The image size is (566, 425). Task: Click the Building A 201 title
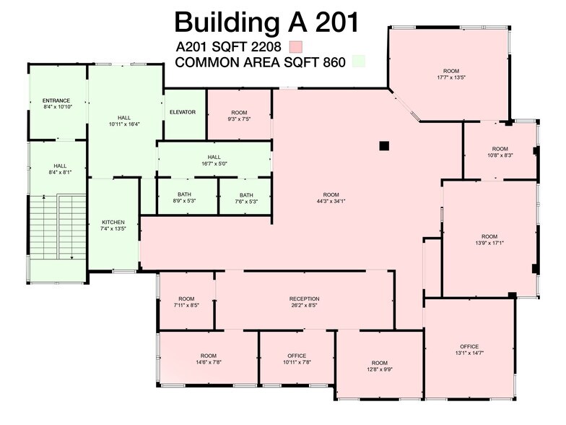pos(266,22)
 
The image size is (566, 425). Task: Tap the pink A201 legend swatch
pos(295,47)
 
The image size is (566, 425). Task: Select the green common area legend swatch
pos(358,62)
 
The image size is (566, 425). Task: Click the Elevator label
pos(183,112)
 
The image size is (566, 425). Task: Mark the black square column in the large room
pos(384,145)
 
